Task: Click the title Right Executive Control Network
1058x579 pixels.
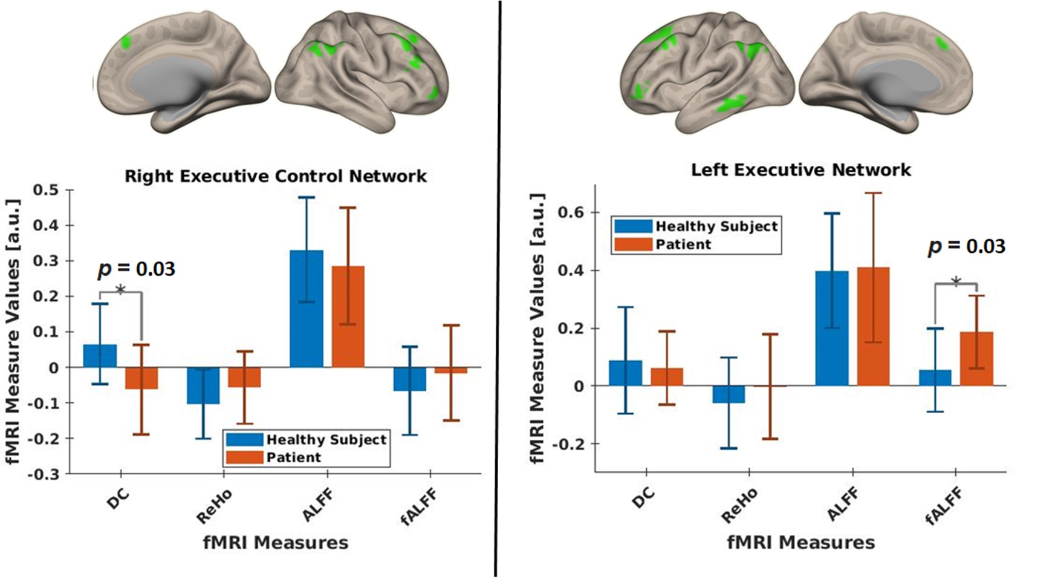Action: pos(276,176)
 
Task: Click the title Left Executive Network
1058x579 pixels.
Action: pos(800,169)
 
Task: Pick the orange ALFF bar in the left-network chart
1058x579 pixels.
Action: pos(873,326)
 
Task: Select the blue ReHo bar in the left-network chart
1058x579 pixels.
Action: pos(729,394)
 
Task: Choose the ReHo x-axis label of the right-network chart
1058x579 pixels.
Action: pos(214,507)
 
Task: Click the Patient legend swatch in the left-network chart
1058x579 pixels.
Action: pos(633,244)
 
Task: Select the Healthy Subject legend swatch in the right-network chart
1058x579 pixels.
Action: pos(244,440)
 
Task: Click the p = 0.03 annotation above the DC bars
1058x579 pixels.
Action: pos(136,269)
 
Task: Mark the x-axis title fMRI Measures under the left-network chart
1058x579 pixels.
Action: pos(800,543)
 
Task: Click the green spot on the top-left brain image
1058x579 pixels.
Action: pos(126,42)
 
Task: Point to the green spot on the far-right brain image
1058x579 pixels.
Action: pos(942,43)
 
